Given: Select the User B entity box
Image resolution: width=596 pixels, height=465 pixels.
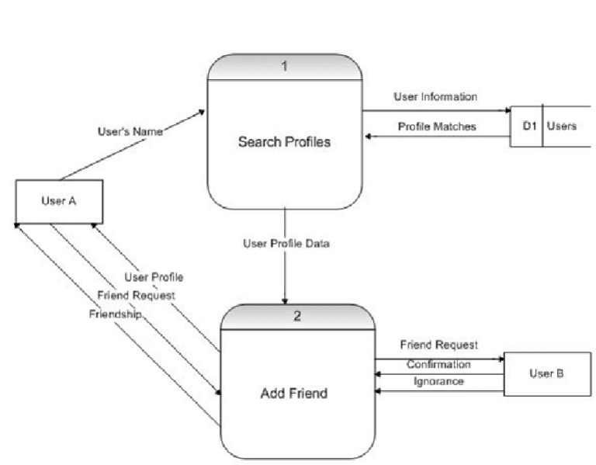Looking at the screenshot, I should click(x=541, y=373).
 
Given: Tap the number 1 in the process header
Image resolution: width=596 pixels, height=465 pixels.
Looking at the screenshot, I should click(x=284, y=67).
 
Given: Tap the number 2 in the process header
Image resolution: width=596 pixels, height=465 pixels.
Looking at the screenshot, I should click(x=297, y=317).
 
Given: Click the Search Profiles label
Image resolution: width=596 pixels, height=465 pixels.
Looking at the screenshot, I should click(x=284, y=142).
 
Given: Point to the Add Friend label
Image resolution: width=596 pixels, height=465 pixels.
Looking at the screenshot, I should click(x=293, y=394).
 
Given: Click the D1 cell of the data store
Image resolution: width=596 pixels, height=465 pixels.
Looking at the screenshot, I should click(x=529, y=126).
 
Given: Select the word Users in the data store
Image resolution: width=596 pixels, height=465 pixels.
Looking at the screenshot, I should click(x=561, y=126).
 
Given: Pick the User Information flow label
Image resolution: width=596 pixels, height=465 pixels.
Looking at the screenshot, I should click(x=435, y=98).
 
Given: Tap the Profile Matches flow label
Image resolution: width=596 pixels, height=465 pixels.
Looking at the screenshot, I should click(x=437, y=127).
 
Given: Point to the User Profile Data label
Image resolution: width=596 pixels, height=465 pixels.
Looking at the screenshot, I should click(x=287, y=244).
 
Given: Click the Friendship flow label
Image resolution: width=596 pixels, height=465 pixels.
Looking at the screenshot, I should click(x=114, y=313).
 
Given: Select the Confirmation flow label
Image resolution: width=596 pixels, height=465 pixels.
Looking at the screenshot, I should click(x=438, y=364).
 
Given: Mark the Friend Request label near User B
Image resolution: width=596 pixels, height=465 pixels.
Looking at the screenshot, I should click(x=438, y=345).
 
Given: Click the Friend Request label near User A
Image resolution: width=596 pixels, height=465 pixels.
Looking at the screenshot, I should click(x=136, y=295).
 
